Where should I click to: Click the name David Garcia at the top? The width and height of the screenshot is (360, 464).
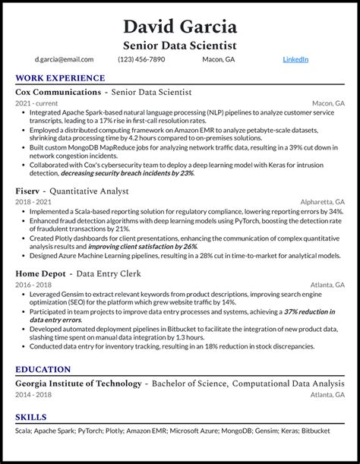pos(179,27)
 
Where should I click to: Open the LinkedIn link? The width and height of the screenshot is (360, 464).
pos(295,59)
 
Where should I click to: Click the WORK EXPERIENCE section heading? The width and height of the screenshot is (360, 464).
pos(60,78)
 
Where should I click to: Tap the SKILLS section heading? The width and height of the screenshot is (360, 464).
pos(31,418)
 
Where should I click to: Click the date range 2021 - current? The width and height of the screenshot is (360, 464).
pos(36,103)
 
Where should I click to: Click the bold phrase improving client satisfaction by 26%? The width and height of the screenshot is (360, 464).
pos(143,246)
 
